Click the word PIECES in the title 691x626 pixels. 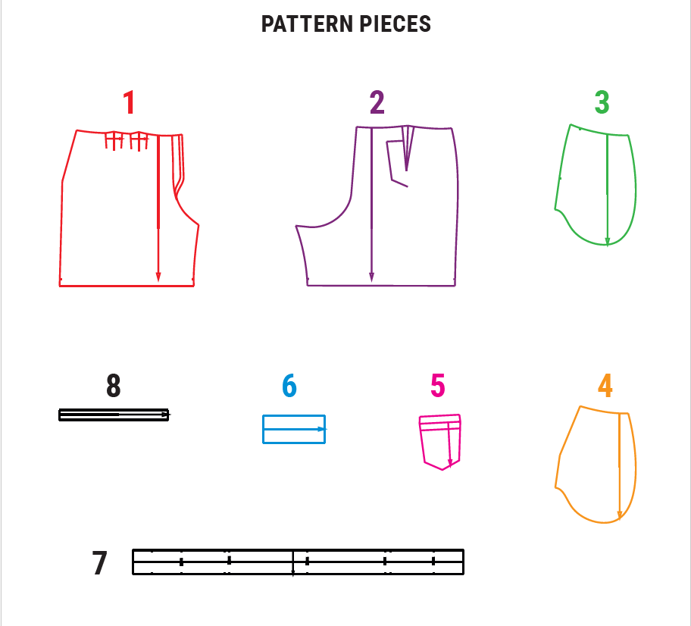click(396, 23)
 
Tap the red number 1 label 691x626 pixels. click(129, 102)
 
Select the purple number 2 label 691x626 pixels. click(377, 102)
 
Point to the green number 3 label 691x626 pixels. click(602, 102)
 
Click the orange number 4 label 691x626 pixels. click(605, 386)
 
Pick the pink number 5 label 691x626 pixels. click(438, 386)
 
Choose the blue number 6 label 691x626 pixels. click(289, 386)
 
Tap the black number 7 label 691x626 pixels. click(99, 563)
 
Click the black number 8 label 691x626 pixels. click(113, 386)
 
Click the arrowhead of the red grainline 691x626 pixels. click(158, 277)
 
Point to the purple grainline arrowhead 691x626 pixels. click(371, 277)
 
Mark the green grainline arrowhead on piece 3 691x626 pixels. click(607, 242)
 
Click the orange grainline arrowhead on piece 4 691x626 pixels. click(620, 515)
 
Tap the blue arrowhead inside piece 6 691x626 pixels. click(322, 429)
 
